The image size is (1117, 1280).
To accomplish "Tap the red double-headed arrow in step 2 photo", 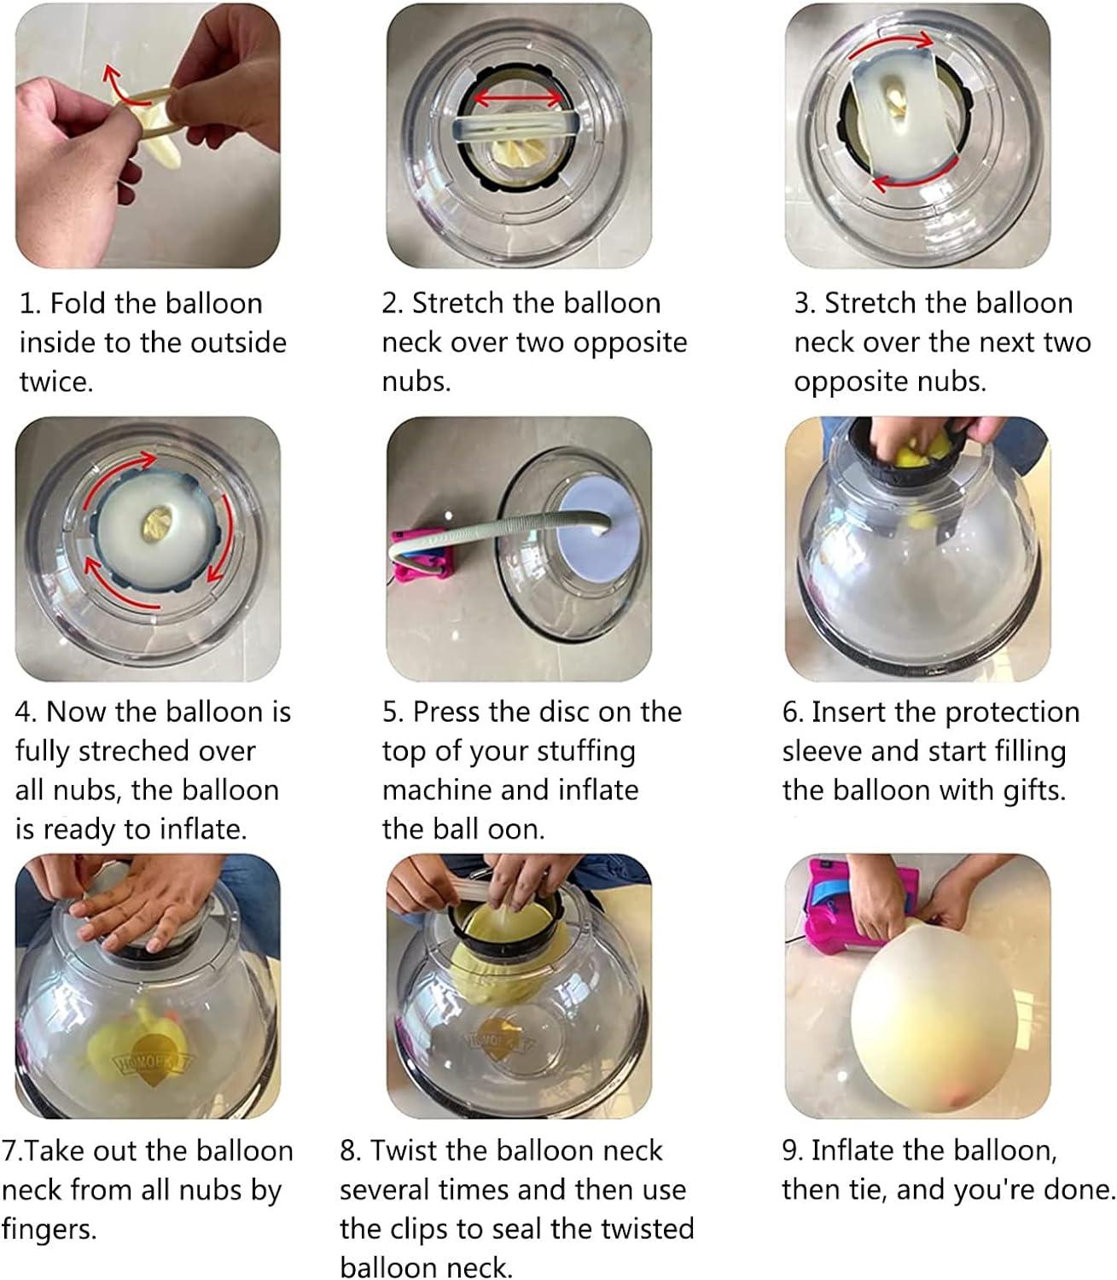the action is point(518,98).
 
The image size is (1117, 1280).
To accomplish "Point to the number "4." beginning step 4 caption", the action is point(26,713).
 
